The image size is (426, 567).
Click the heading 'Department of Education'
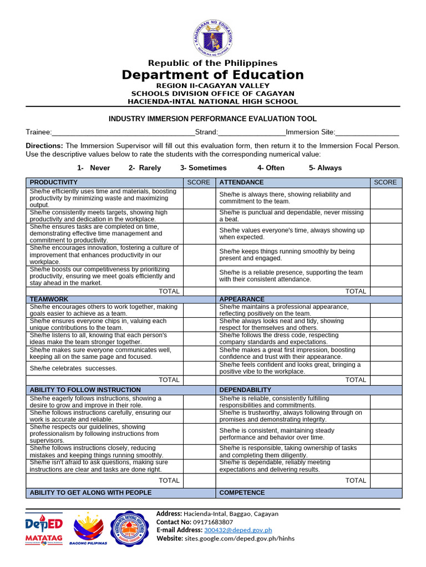click(212, 75)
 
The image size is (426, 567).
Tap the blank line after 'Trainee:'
click(123, 132)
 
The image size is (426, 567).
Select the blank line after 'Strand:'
click(252, 132)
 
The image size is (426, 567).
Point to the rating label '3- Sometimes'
click(203, 168)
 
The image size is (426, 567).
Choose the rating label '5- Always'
click(325, 168)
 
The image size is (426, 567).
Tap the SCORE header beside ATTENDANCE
click(385, 182)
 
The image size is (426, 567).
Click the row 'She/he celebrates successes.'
click(73, 368)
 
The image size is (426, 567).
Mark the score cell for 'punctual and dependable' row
click(386, 216)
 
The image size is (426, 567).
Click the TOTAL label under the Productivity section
click(169, 291)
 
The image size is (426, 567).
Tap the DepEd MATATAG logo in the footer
click(44, 528)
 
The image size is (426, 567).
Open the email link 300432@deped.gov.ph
click(230, 530)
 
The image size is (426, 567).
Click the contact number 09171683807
click(213, 522)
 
